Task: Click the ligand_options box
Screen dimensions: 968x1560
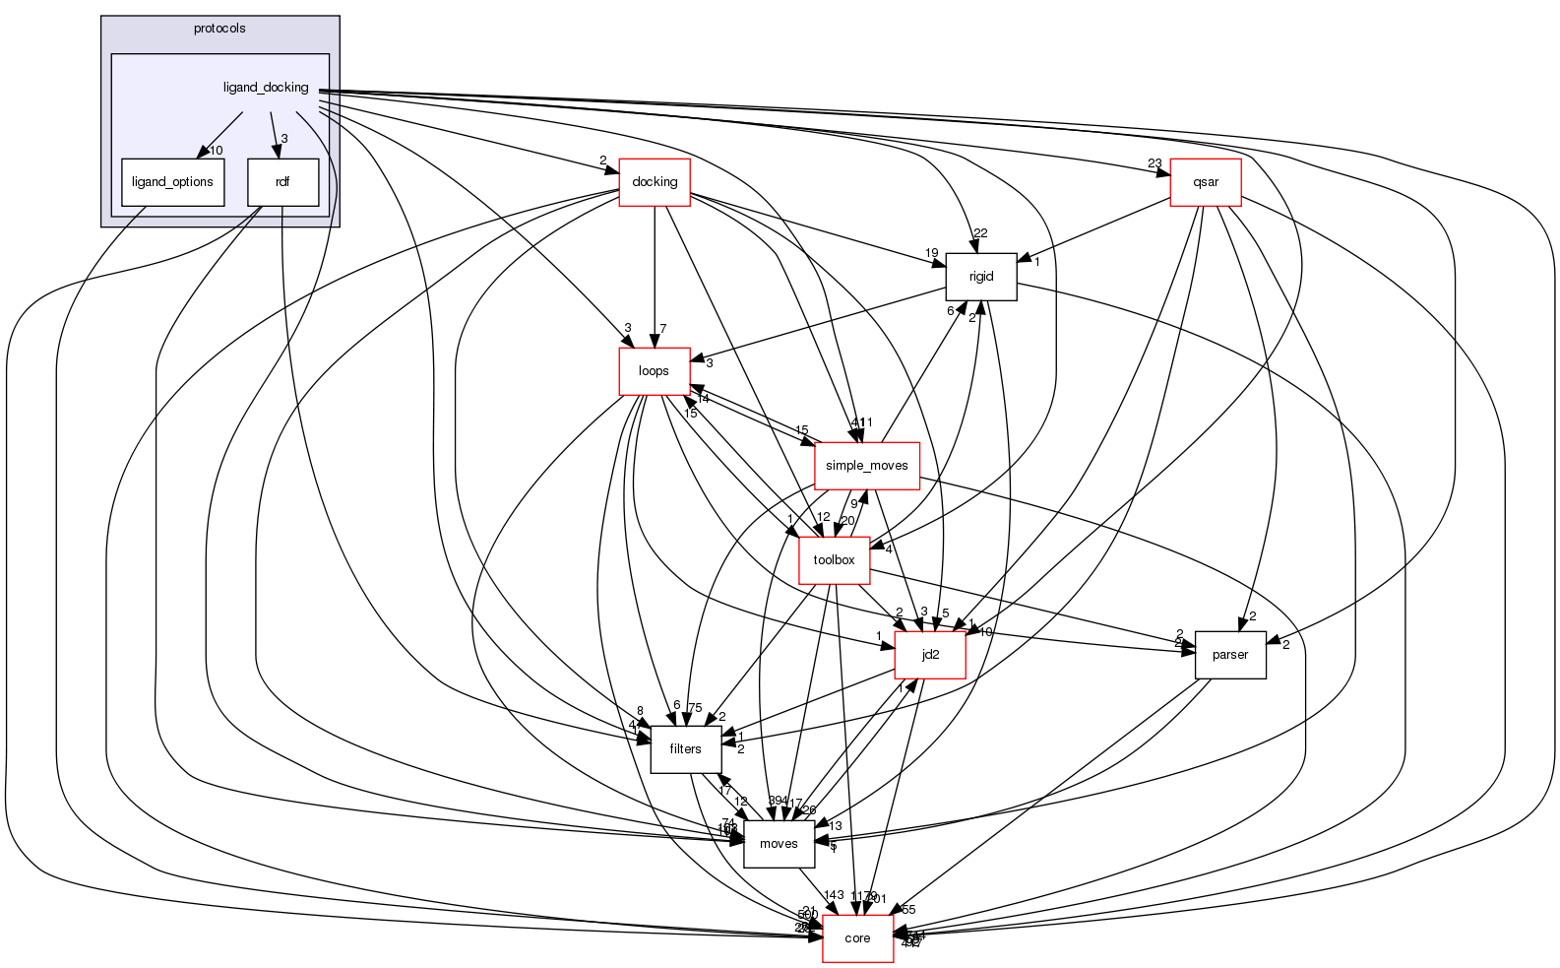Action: (x=172, y=182)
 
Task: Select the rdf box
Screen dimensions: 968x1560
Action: (x=282, y=182)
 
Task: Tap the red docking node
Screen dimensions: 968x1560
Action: (x=655, y=182)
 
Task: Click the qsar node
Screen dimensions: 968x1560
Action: (x=1206, y=182)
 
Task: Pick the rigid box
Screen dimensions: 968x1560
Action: (x=980, y=277)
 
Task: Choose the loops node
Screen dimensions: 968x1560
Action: (x=654, y=371)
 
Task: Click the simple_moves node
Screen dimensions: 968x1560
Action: (x=867, y=466)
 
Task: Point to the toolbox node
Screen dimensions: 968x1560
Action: (x=834, y=560)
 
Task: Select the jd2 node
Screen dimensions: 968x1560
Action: (x=930, y=655)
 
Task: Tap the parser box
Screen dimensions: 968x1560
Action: (x=1230, y=655)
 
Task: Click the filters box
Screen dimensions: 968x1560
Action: (x=685, y=749)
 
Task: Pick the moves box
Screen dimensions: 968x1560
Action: (x=779, y=844)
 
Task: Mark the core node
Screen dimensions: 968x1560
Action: (x=857, y=938)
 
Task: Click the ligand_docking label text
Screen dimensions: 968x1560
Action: (x=266, y=88)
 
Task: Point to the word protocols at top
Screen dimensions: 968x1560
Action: (x=219, y=29)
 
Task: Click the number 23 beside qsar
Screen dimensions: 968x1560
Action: (x=1154, y=163)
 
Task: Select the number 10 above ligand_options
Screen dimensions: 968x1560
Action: (x=217, y=151)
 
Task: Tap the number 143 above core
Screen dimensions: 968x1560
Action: (x=834, y=895)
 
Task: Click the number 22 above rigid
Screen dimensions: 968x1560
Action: (x=980, y=232)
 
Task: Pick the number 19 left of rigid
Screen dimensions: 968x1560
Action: (x=931, y=253)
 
